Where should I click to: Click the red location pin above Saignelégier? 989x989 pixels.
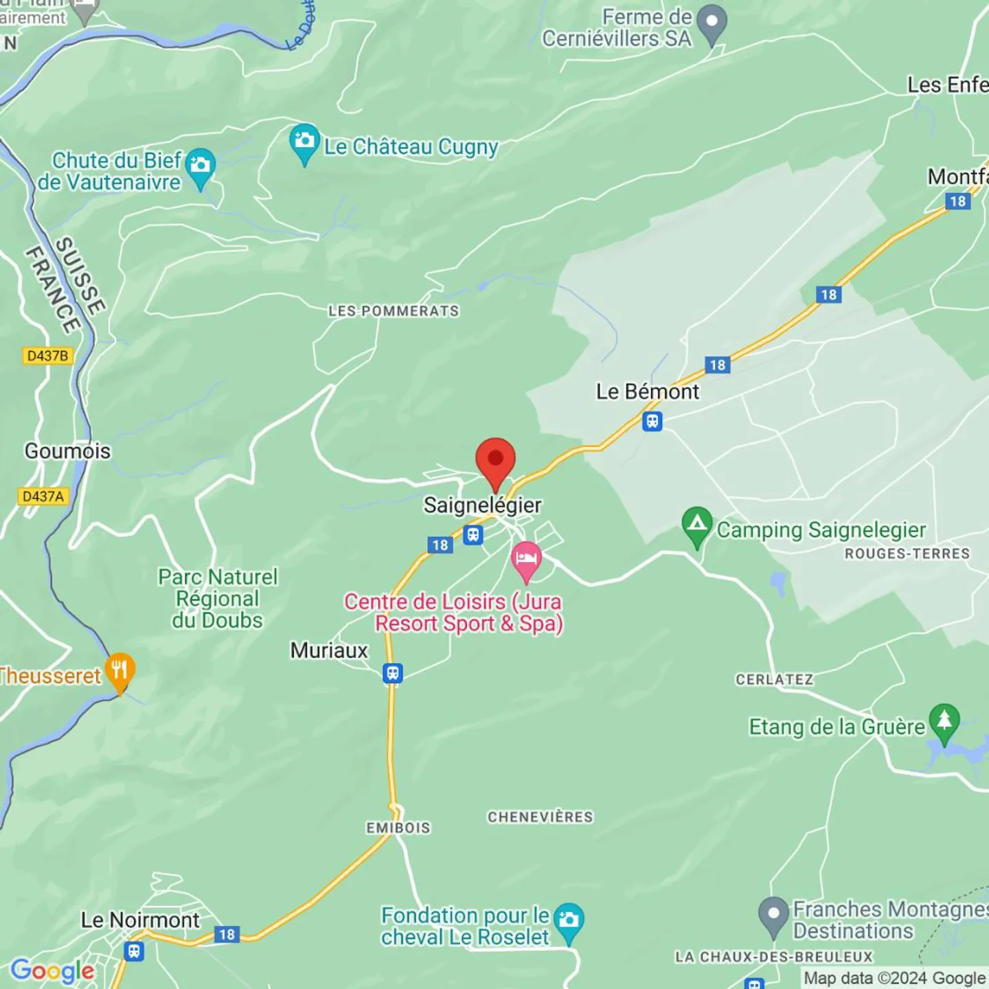point(495,460)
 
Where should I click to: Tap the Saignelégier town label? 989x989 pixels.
point(482,505)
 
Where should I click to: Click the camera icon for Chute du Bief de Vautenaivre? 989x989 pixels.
point(200,166)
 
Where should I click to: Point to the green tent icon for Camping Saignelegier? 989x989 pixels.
point(697,525)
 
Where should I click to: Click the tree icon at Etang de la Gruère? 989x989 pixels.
point(944,721)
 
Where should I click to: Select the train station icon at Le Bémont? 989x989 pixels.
point(652,421)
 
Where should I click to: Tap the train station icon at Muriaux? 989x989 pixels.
point(392,674)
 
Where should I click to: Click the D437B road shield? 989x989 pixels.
point(47,356)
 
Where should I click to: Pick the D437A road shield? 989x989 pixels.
point(43,496)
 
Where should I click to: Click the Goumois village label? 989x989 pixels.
point(67,451)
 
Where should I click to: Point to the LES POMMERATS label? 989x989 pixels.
point(394,311)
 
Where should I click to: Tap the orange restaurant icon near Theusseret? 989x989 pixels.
point(120,670)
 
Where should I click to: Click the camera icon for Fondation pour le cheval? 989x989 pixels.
point(569,920)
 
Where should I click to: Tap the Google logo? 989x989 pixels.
point(52,970)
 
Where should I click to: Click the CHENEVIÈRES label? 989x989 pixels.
point(540,817)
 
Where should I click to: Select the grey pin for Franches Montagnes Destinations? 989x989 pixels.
point(773,915)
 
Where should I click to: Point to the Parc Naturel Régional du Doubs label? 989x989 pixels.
point(218,598)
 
